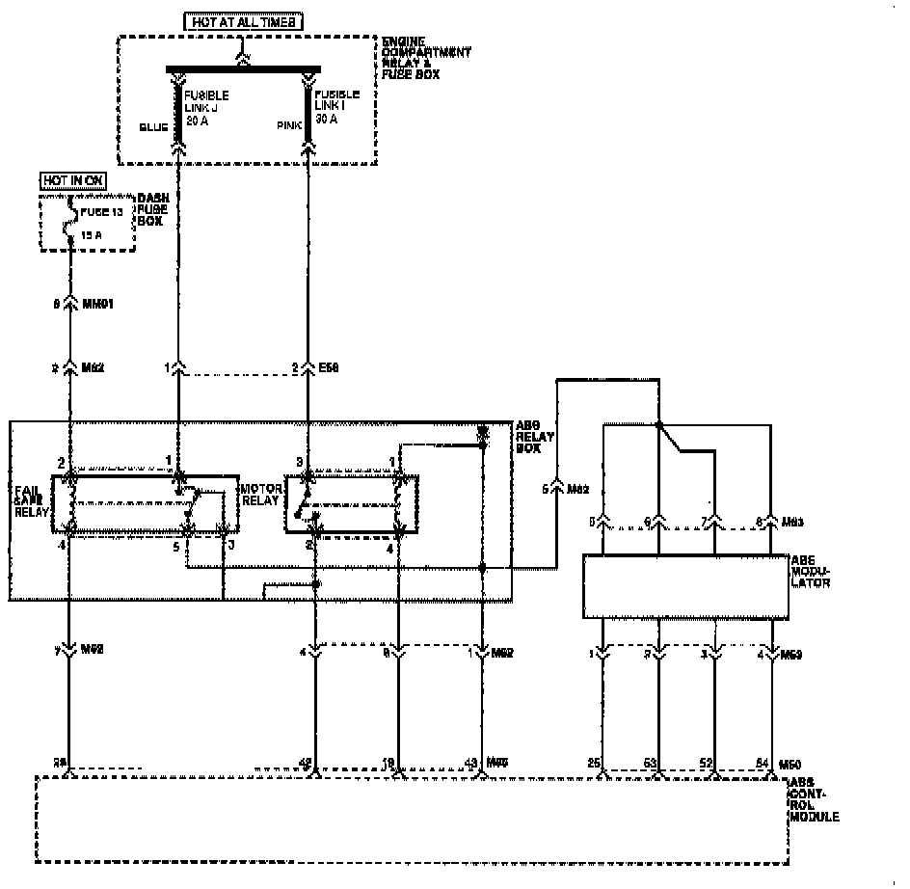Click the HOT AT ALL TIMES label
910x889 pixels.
coord(245,20)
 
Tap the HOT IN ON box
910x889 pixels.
coord(73,180)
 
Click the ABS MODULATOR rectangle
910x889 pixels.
coord(684,585)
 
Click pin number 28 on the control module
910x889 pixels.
coord(61,764)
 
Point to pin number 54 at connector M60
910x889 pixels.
coord(763,764)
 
